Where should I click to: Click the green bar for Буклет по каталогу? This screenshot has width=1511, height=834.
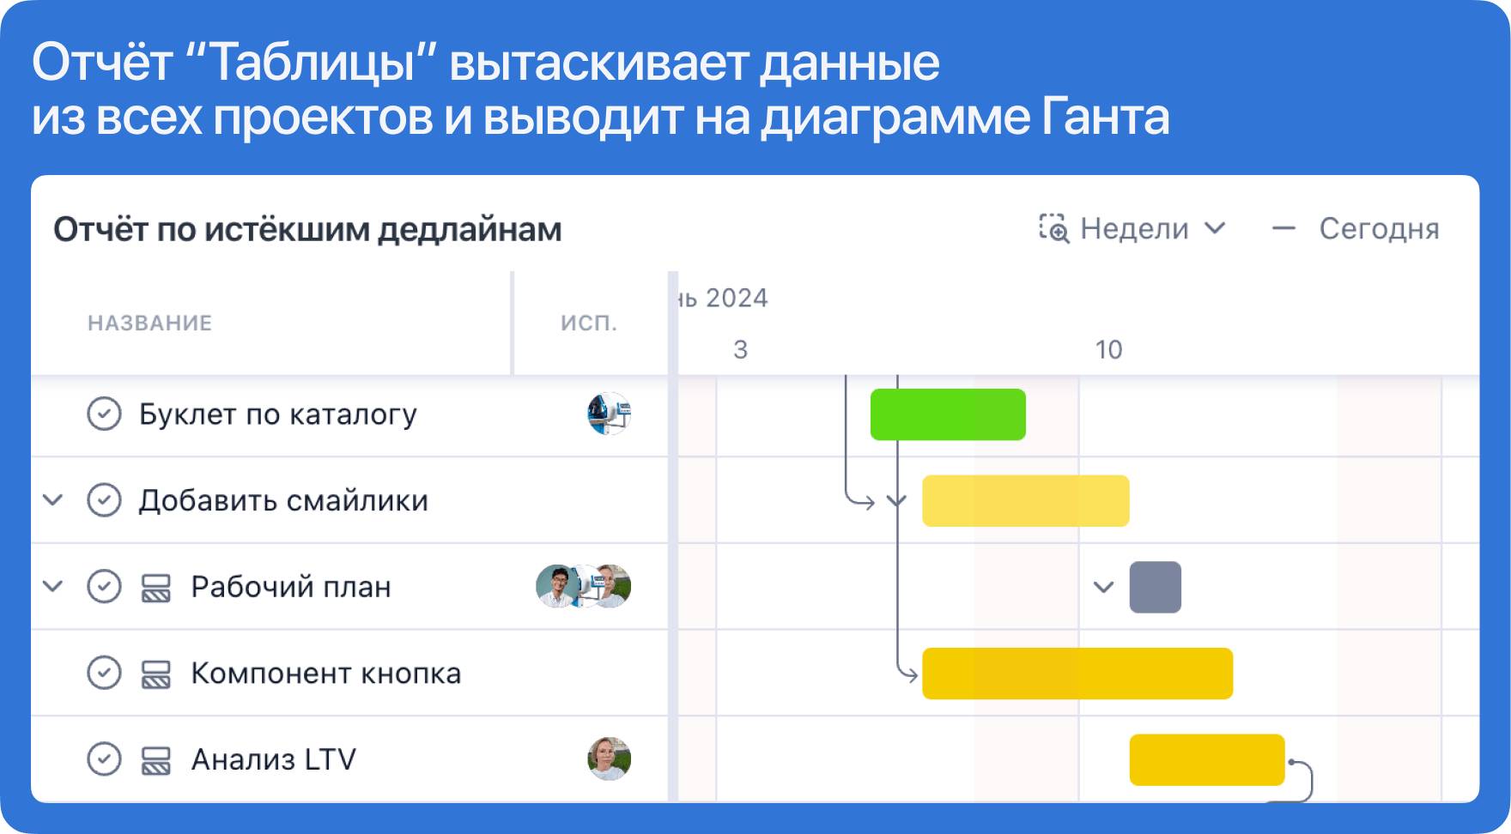948,414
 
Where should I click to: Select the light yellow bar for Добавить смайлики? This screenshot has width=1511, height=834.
1026,500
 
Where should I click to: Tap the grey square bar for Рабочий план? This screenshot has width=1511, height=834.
1156,587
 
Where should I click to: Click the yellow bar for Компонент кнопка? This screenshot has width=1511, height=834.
1077,674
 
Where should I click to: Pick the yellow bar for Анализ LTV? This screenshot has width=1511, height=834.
1207,759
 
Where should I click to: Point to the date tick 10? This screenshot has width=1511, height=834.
1108,349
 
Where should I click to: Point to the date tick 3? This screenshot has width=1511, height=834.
740,349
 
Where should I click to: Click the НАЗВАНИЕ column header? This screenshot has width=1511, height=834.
149,323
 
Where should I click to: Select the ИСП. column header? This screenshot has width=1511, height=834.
589,323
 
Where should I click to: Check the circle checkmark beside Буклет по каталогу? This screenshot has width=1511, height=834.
104,414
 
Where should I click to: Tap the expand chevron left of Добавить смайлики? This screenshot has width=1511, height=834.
53,499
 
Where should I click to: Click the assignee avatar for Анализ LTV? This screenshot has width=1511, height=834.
609,758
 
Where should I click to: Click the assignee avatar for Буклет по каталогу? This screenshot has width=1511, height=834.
609,414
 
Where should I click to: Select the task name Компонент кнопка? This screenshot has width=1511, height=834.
325,674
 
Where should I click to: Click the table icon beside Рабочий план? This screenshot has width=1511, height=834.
155,588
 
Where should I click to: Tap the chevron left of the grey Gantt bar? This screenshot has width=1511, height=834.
1103,587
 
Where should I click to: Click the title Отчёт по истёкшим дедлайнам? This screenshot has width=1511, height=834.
307,229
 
